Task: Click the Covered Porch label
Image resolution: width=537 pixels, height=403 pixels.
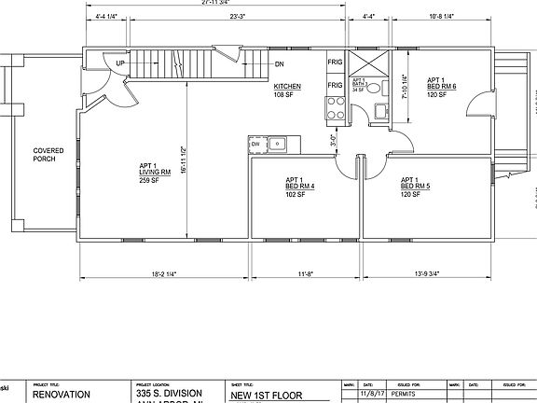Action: (x=48, y=155)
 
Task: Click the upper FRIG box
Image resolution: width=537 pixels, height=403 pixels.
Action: (x=334, y=63)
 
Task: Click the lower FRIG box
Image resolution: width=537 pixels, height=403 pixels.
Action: (x=334, y=85)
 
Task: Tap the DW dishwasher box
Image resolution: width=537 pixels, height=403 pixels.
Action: (x=255, y=144)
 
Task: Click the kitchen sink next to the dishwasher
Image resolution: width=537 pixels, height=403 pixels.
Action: (x=278, y=144)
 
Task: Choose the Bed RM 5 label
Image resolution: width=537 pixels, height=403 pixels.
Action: (x=415, y=186)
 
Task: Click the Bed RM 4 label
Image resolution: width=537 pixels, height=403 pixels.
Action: (x=299, y=186)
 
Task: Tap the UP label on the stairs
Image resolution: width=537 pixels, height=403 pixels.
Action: (x=120, y=63)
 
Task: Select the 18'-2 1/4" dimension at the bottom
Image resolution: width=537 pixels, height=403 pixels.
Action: (x=163, y=274)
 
